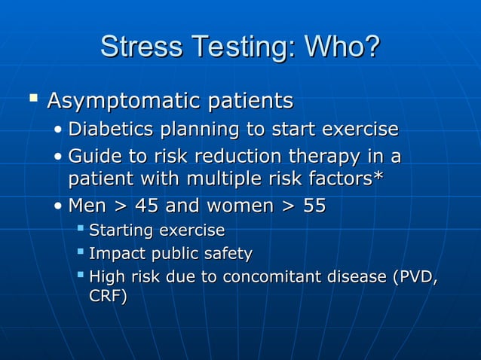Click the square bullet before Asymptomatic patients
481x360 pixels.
click(32, 98)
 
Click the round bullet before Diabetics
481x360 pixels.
click(59, 131)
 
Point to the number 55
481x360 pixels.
click(314, 205)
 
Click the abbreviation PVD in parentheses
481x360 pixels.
click(417, 277)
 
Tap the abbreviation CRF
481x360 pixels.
click(107, 297)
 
